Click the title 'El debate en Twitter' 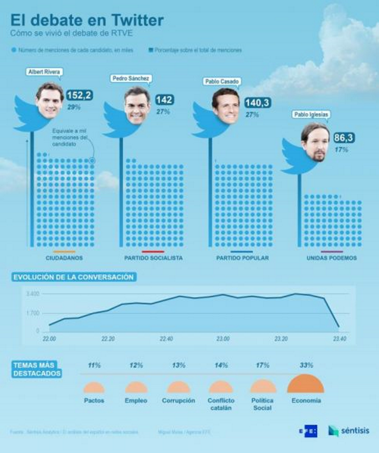(87, 20)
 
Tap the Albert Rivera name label (44, 72)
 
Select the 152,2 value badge (80, 95)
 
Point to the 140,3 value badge (257, 103)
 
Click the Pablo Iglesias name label (311, 114)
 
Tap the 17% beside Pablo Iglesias (341, 150)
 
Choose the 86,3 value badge (344, 138)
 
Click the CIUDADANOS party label (64, 258)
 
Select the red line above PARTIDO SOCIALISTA (153, 251)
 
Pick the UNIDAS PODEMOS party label (331, 258)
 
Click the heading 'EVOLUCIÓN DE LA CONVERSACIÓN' (73, 277)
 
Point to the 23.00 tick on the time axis (223, 339)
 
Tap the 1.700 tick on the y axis (33, 313)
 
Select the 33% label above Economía (306, 365)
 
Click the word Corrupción (178, 401)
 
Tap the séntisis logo (349, 431)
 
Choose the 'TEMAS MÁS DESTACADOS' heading (37, 369)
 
